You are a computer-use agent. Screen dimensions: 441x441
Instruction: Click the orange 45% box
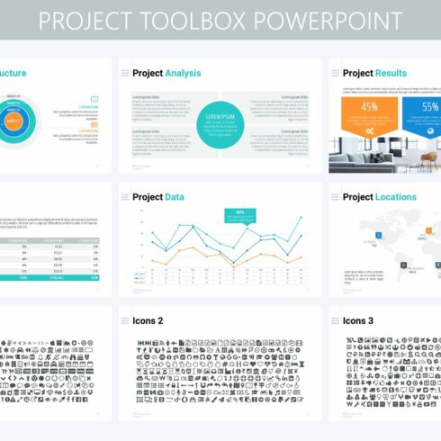coord(369,108)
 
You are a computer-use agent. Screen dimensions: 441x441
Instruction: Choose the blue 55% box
coord(424,108)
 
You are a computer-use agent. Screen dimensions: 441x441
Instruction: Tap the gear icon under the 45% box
coord(369,130)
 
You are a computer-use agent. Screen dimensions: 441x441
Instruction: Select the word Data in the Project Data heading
coord(177,196)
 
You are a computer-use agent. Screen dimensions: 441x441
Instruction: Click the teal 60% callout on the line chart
coord(240,214)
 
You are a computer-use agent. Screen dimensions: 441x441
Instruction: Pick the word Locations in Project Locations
coord(397,196)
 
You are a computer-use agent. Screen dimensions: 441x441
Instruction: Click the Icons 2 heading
coord(148,320)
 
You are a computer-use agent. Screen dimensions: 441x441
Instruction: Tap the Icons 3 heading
coord(358,320)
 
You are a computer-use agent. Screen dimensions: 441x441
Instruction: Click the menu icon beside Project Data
coord(124,196)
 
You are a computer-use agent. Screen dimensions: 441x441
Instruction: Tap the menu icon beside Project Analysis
coord(124,73)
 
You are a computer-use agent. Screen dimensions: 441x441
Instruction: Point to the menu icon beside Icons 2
coord(124,320)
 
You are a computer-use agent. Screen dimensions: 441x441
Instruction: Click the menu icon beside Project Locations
coord(335,196)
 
